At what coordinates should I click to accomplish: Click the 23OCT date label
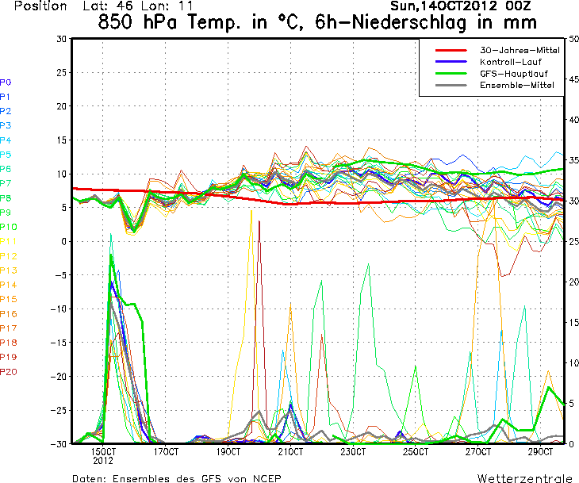(353, 452)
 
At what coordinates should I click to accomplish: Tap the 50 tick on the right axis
(573, 39)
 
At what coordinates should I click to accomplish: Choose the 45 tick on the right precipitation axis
(573, 79)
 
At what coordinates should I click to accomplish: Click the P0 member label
(6, 82)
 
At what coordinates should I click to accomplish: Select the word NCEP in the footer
(263, 478)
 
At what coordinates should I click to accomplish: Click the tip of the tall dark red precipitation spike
(259, 222)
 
